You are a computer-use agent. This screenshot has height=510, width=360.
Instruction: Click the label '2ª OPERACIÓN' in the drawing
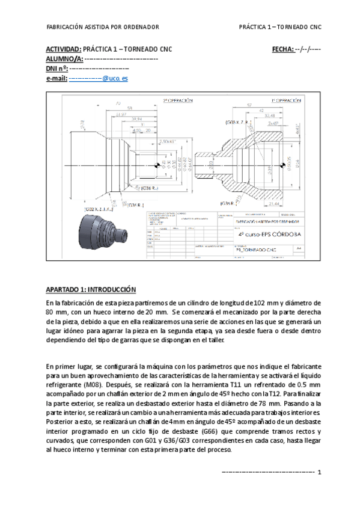coord(178,100)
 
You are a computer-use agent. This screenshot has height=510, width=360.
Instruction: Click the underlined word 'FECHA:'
coord(282,49)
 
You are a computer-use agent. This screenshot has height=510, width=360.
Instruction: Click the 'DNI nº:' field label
coord(57,69)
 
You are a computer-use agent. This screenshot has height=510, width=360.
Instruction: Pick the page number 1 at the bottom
coord(320,472)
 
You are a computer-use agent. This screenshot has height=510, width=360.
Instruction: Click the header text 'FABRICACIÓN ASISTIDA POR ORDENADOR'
coord(103,27)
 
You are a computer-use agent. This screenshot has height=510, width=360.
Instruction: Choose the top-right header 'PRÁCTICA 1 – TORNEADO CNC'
coord(280,27)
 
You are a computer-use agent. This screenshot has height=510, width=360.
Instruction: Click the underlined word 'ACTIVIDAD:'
coord(64,49)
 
